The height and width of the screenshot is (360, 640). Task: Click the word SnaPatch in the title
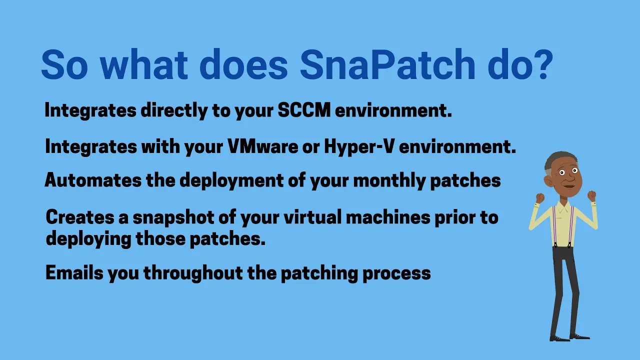387,64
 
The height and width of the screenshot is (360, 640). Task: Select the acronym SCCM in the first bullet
304,110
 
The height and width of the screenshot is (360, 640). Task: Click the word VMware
263,146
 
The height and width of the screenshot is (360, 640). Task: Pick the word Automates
93,180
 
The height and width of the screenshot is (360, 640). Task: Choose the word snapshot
173,217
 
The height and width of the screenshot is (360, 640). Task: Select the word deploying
88,239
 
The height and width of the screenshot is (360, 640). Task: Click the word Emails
74,272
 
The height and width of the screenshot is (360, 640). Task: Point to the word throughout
193,273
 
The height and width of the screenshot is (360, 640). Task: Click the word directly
174,110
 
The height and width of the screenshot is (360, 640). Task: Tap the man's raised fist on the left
540,198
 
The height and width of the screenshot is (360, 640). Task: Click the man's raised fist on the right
591,196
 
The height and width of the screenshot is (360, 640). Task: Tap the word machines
388,217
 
